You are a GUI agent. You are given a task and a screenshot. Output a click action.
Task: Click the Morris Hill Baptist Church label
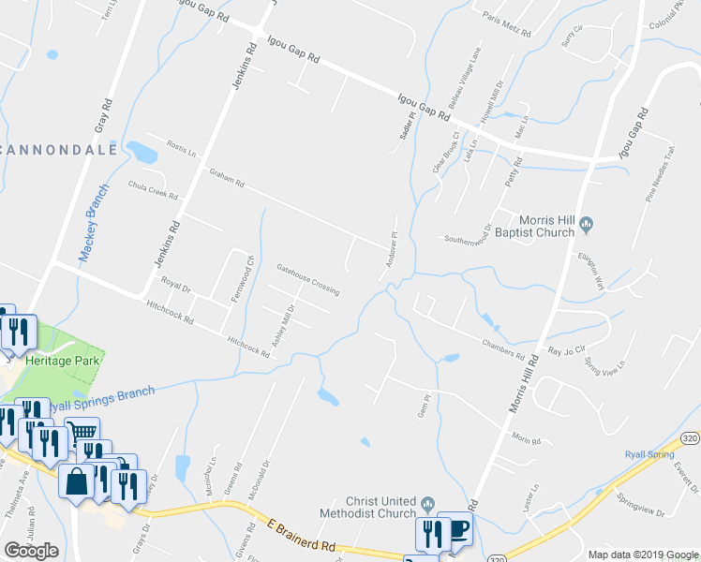pos(533,230)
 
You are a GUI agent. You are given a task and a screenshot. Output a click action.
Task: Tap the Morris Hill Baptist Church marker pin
pos(587,223)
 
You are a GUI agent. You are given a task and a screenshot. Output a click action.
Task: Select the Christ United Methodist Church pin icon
pos(427,506)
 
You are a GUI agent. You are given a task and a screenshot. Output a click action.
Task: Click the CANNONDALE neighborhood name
pos(60,150)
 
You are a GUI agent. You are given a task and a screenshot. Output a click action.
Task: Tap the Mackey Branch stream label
pos(95,229)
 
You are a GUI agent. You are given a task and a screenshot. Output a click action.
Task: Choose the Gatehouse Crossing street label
pos(307,279)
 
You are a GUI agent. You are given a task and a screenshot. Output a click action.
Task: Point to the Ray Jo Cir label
pos(566,352)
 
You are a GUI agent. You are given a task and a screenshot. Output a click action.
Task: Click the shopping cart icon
pos(83,432)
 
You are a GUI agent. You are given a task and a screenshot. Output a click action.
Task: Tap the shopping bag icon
pos(77,482)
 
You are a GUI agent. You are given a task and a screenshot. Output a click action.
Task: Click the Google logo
pos(31,551)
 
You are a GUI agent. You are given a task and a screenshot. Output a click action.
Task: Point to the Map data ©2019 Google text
pos(643,555)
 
